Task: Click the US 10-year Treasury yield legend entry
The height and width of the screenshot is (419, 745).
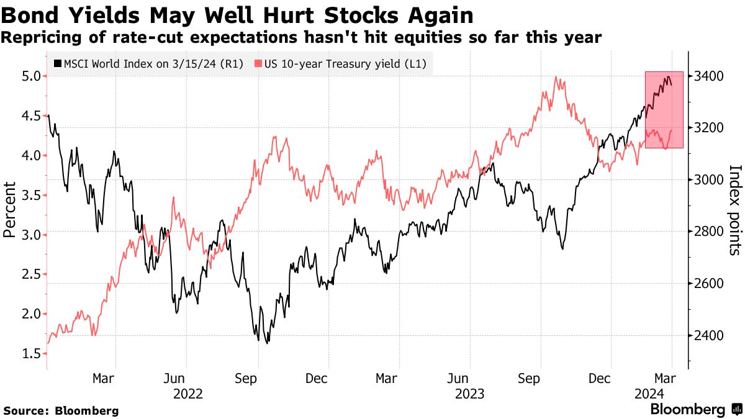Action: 341,63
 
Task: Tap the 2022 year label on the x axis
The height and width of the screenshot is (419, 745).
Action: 187,393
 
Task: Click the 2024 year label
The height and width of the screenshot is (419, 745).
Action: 650,393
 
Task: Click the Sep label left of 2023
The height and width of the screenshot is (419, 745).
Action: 247,377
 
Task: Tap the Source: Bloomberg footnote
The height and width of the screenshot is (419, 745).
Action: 61,410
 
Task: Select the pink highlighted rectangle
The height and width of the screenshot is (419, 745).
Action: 664,109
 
